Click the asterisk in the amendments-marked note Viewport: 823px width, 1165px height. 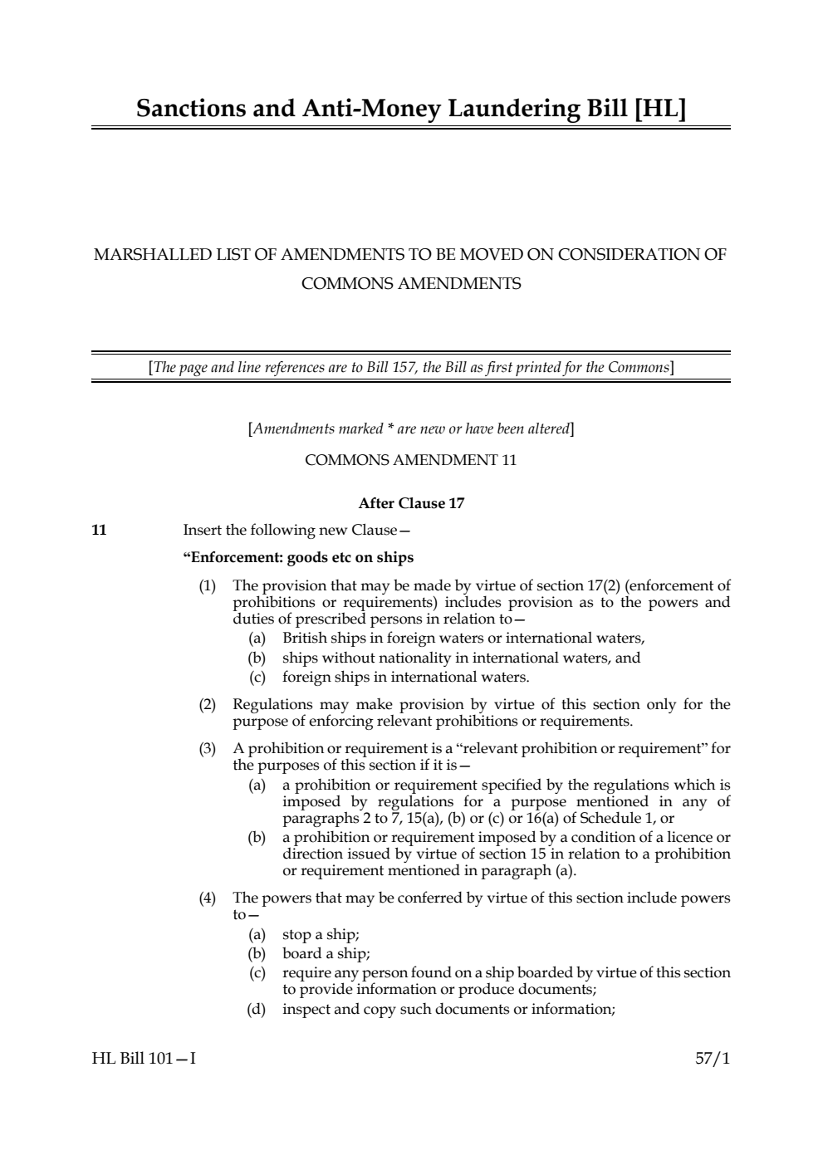(x=389, y=429)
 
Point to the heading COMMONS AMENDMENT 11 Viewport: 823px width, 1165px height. (x=410, y=460)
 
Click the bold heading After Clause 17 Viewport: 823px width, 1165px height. (x=411, y=503)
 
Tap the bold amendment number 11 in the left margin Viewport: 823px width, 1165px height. (x=99, y=530)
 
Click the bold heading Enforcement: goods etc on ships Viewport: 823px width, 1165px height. (x=298, y=557)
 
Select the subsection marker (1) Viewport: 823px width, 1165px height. (x=207, y=585)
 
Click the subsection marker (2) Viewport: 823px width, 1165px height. (x=207, y=704)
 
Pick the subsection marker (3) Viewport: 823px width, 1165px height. (x=207, y=748)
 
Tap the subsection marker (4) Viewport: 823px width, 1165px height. (x=207, y=898)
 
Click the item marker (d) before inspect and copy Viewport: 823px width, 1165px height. (x=257, y=1009)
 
